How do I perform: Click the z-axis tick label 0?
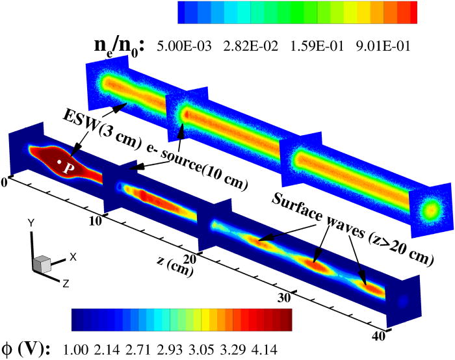[x=4, y=183]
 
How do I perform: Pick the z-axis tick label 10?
[x=96, y=221]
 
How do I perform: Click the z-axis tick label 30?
[x=284, y=298]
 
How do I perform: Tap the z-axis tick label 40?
[x=379, y=336]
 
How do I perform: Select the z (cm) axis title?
[x=175, y=265]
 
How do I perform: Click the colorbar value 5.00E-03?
[x=184, y=46]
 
